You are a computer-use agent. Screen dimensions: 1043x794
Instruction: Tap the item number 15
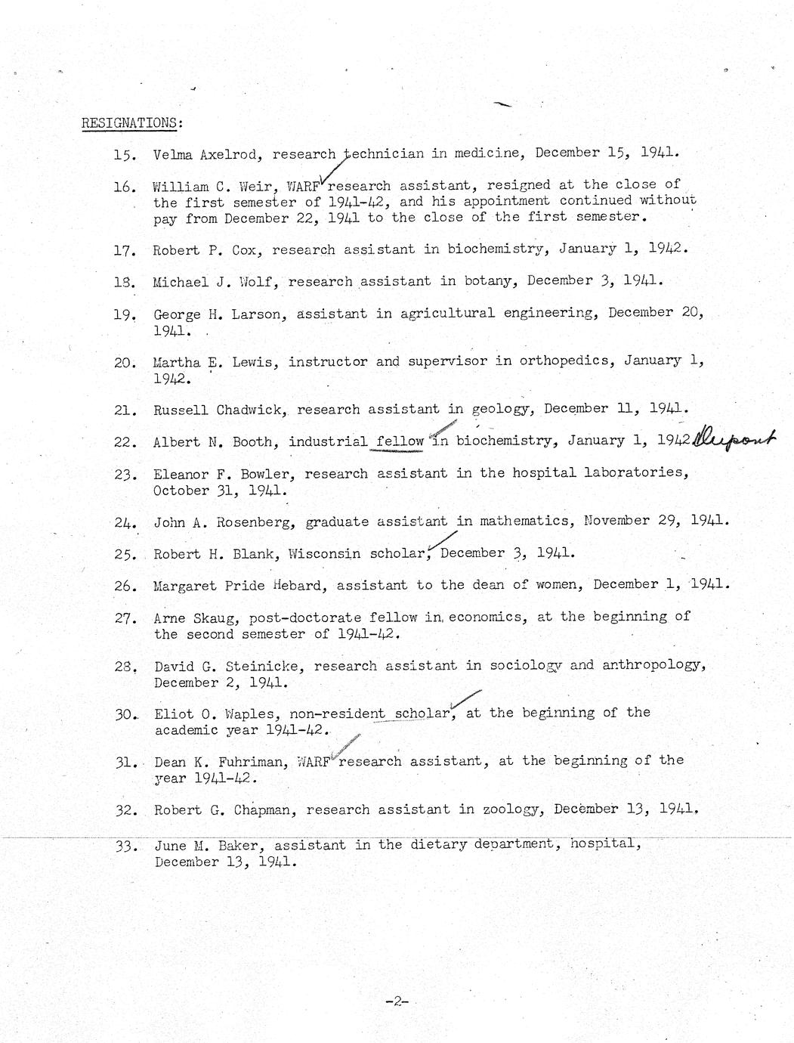[x=124, y=155]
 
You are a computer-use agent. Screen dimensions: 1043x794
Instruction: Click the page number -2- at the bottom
[x=396, y=1003]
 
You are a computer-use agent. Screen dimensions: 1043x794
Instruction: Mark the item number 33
[x=125, y=846]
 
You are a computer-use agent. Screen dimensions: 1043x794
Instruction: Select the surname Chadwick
[x=249, y=410]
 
